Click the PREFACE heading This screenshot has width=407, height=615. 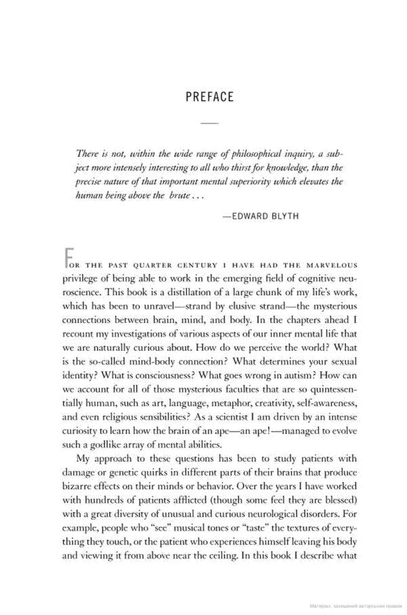point(209,96)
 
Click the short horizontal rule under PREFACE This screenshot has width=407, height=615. point(209,123)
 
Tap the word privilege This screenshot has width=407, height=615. point(82,278)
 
